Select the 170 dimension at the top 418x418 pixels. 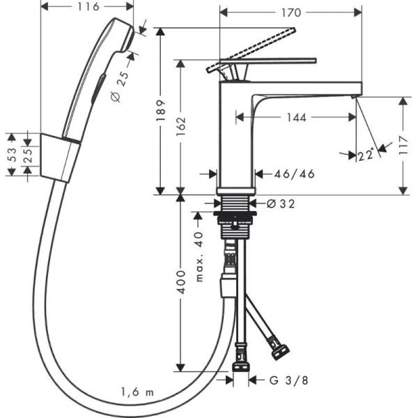point(291,12)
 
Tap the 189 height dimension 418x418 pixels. point(161,110)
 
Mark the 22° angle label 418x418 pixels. point(366,156)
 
